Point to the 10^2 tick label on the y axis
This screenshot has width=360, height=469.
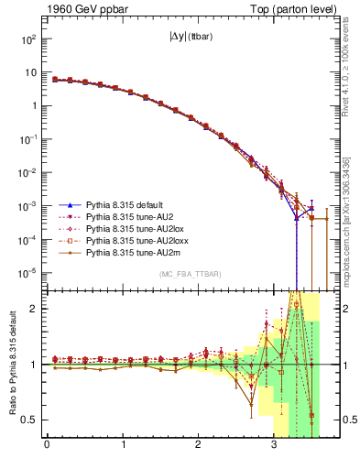tap(29, 39)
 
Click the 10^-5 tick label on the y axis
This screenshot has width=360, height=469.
tap(29, 272)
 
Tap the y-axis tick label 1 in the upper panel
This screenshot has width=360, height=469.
tap(33, 106)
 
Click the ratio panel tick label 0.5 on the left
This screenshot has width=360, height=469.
tap(29, 420)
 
